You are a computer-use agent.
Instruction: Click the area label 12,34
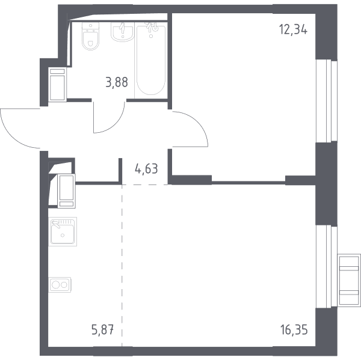(x=293, y=29)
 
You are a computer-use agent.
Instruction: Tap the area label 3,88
(x=117, y=82)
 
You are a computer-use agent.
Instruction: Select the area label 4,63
(x=146, y=169)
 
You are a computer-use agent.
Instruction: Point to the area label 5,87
(x=103, y=330)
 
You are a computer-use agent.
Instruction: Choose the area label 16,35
(x=294, y=330)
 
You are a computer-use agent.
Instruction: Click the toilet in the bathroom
(x=90, y=36)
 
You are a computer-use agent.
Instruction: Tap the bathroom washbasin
(x=123, y=32)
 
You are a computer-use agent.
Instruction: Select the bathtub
(x=151, y=60)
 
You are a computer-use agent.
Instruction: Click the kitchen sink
(x=63, y=231)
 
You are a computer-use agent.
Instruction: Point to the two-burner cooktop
(x=60, y=285)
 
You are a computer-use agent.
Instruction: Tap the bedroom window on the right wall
(x=327, y=101)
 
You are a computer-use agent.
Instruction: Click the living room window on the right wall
(x=327, y=267)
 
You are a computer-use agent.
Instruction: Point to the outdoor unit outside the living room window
(x=349, y=280)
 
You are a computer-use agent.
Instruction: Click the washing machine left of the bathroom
(x=57, y=84)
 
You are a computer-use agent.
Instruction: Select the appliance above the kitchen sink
(x=66, y=191)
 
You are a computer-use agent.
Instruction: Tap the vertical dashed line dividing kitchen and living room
(x=122, y=266)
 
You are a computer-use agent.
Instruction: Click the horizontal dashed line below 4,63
(x=144, y=185)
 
